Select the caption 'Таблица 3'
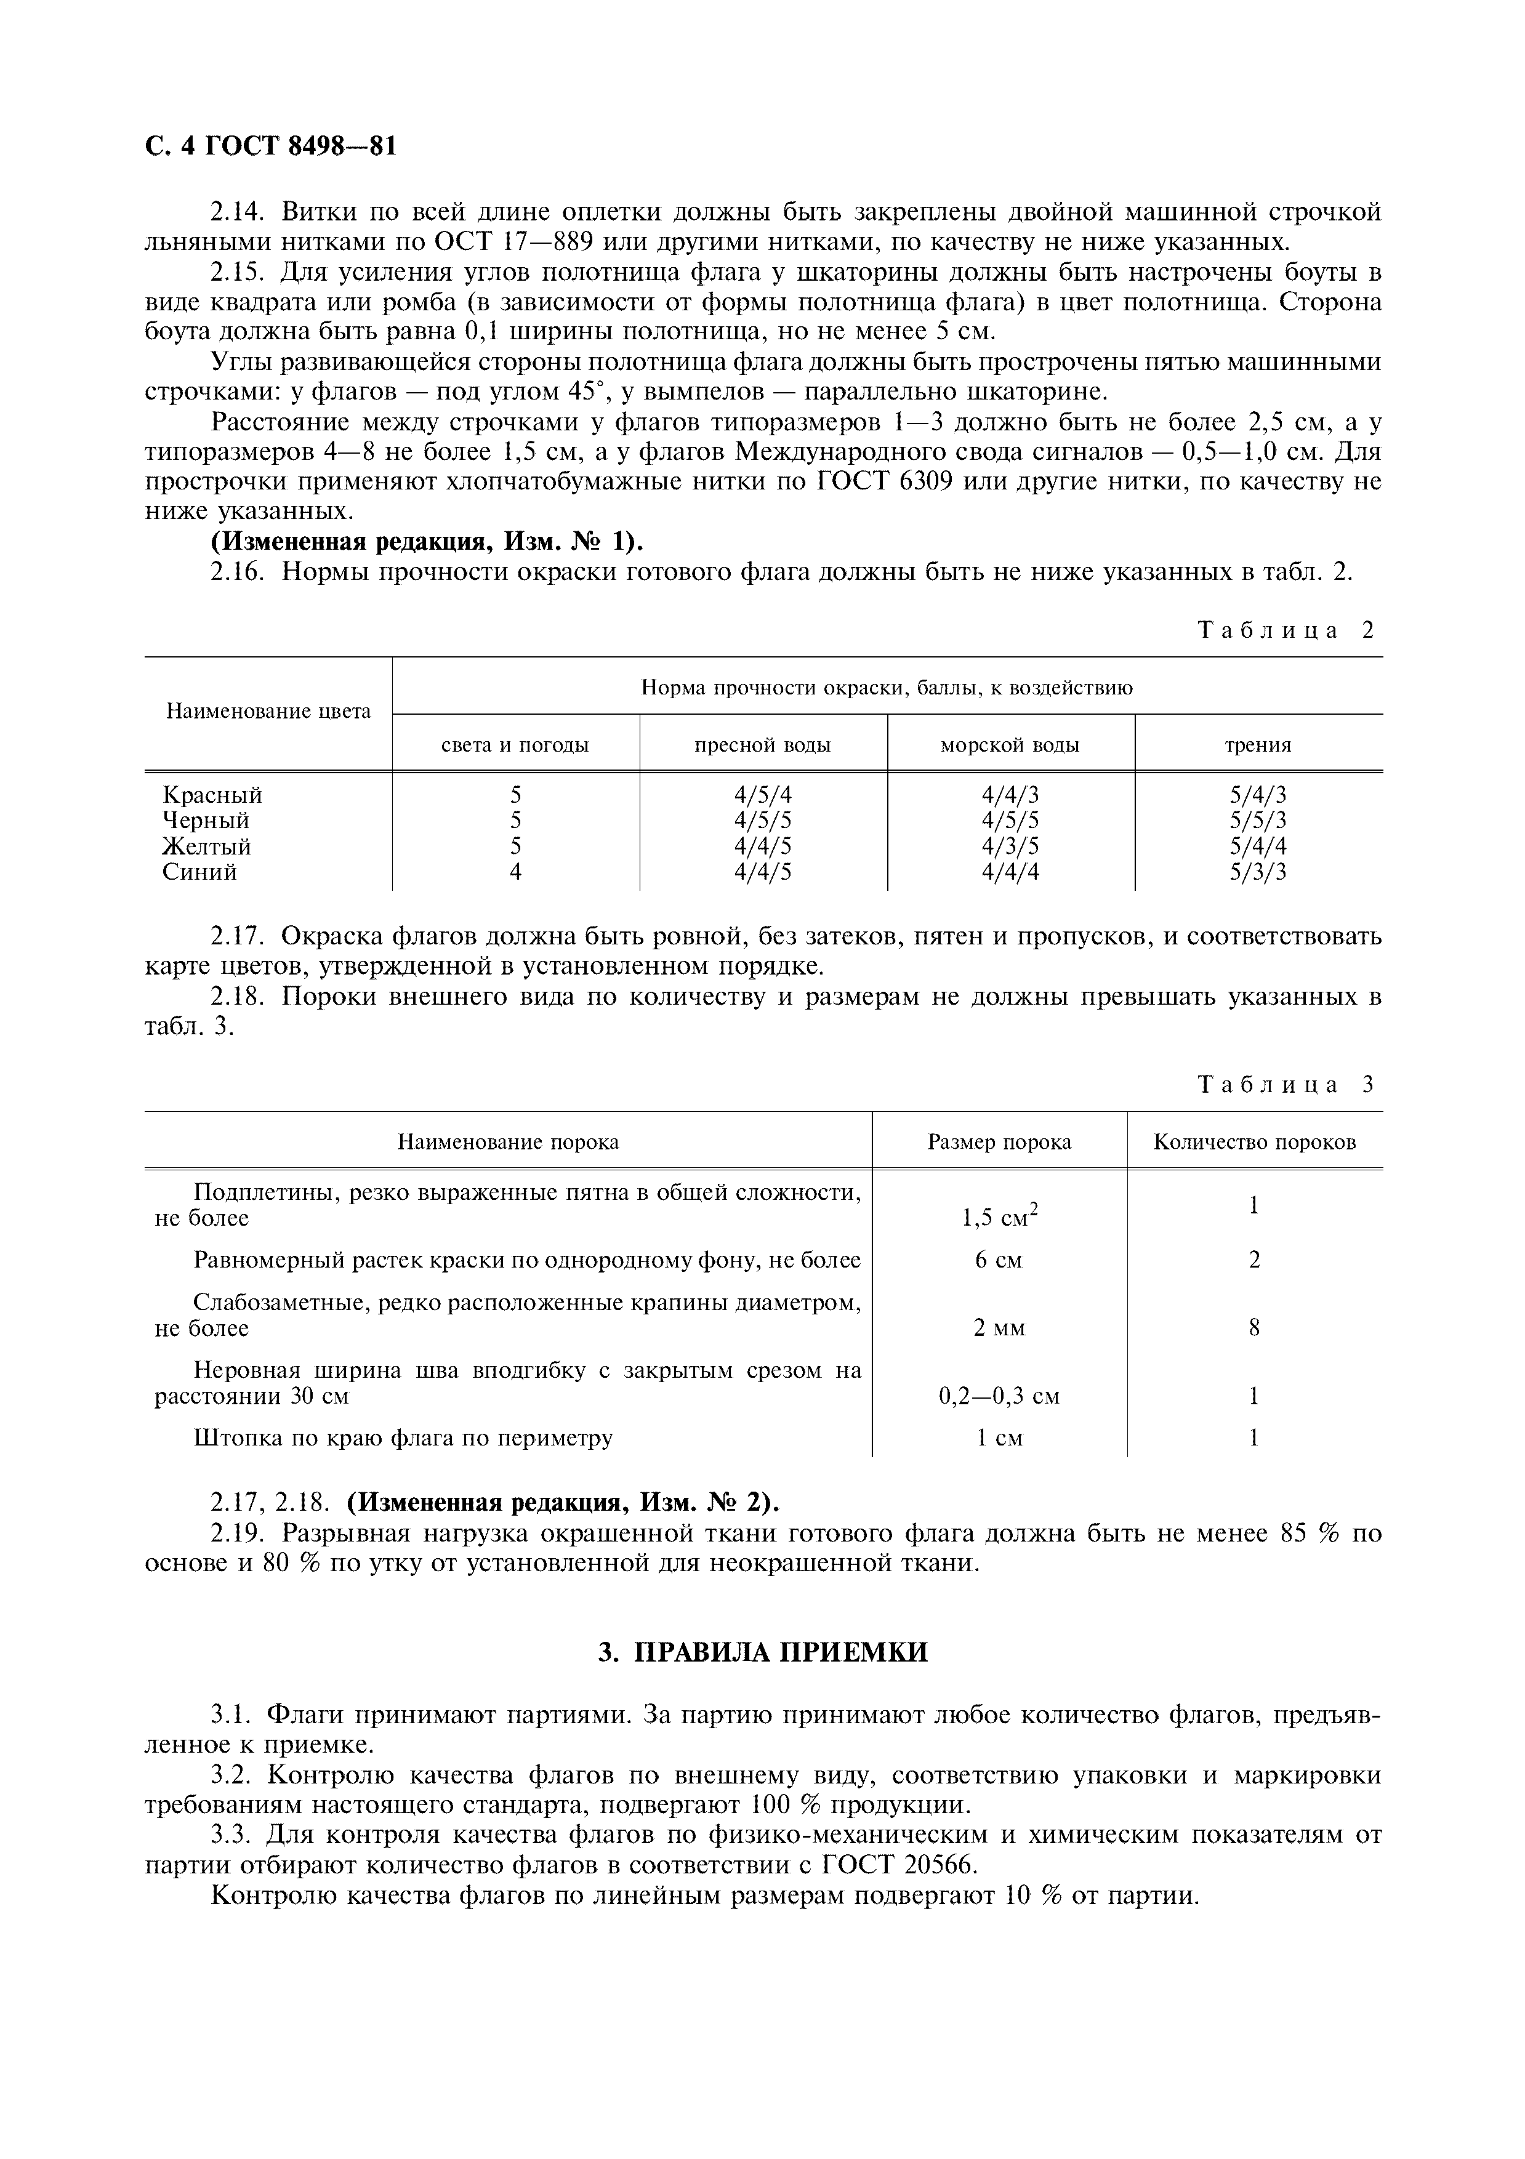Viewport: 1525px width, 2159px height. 1286,1084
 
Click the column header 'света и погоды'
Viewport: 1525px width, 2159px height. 515,745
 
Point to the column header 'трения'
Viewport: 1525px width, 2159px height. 1257,745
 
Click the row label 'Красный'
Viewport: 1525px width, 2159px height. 212,795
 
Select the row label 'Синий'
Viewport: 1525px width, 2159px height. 199,872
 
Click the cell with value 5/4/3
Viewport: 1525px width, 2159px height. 1257,795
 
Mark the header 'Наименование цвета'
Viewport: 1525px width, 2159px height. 268,711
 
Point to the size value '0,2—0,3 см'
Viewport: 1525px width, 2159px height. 999,1396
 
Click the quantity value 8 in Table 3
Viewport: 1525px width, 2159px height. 1253,1328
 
